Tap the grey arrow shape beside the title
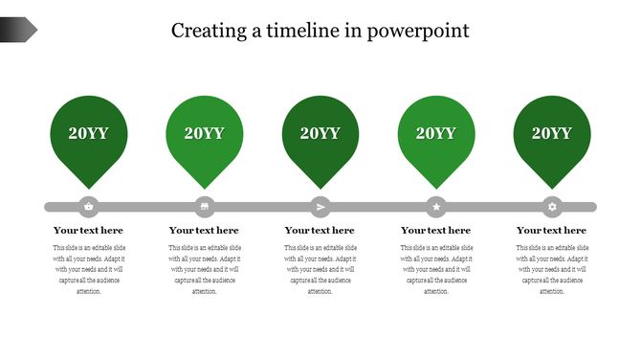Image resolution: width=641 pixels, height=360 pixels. click(18, 30)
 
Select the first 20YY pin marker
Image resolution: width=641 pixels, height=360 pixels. click(89, 136)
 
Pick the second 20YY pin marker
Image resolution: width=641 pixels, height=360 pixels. click(205, 136)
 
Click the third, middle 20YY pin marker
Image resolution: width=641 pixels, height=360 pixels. click(320, 136)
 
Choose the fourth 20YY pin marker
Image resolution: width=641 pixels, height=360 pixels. click(436, 136)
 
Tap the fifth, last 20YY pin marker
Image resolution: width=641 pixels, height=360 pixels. click(552, 136)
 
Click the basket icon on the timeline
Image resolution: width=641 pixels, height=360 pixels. click(89, 206)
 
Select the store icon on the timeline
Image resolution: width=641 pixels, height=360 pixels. click(205, 206)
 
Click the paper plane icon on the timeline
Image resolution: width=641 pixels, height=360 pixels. click(320, 206)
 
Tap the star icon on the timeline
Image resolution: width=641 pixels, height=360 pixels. click(436, 206)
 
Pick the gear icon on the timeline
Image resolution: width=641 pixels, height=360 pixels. click(552, 206)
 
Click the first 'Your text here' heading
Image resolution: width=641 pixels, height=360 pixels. click(89, 231)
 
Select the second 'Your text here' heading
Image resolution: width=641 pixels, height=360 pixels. click(204, 231)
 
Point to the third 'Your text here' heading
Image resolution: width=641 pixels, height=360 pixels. click(320, 231)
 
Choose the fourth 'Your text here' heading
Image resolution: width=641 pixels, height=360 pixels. click(435, 231)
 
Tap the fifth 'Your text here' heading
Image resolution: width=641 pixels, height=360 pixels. click(551, 231)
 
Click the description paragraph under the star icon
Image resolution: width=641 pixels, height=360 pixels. click(435, 269)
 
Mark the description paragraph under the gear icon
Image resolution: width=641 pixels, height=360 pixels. click(551, 269)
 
